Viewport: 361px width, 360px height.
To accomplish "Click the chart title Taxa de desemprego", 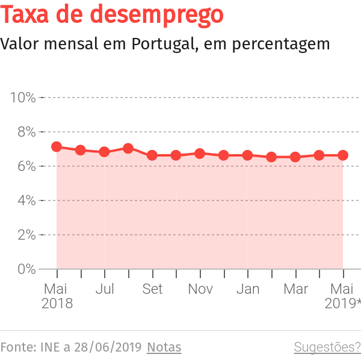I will tap(113, 16).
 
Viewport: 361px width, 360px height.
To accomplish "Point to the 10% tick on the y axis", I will tap(23, 98).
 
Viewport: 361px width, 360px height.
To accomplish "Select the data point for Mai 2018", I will tap(57, 147).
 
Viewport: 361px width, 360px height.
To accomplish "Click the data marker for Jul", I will tap(104, 152).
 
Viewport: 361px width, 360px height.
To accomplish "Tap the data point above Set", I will tap(152, 155).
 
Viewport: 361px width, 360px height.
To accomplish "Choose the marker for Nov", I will tap(200, 154).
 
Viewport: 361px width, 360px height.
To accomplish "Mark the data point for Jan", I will tap(247, 155).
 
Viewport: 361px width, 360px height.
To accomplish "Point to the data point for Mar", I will tap(295, 157).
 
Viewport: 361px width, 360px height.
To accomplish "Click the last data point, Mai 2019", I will tap(343, 155).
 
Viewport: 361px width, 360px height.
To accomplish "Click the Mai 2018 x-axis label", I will tap(57, 296).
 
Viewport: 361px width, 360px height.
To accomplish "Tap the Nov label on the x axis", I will tap(200, 290).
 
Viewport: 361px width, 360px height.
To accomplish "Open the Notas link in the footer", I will tap(164, 347).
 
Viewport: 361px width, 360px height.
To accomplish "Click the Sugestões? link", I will tap(327, 347).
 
